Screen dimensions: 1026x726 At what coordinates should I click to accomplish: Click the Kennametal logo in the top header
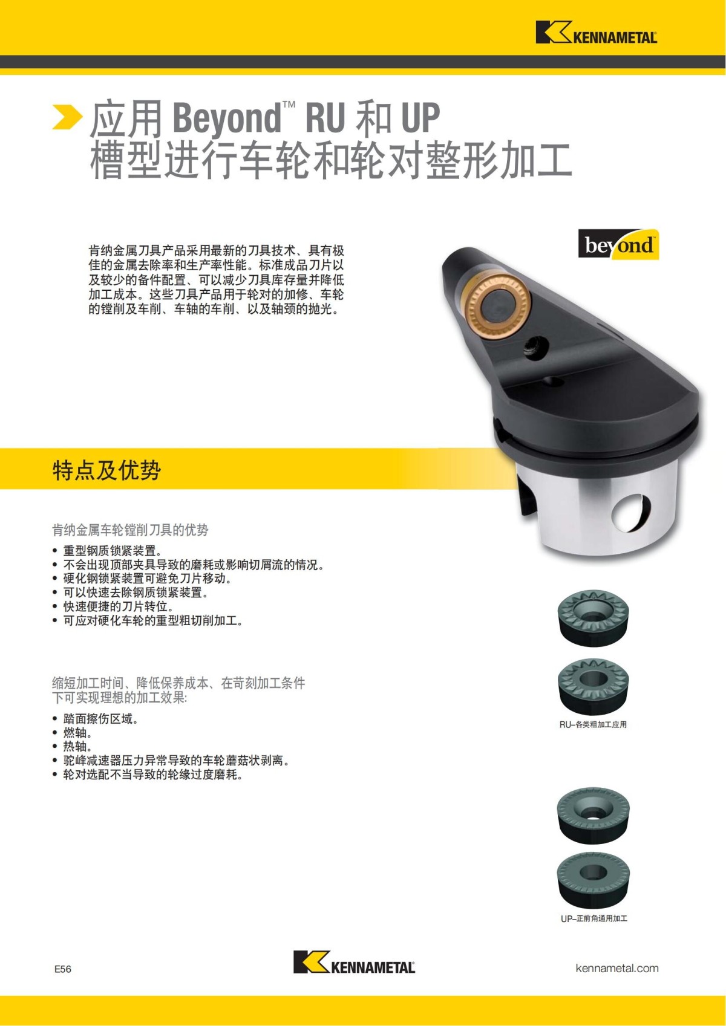pyautogui.click(x=596, y=33)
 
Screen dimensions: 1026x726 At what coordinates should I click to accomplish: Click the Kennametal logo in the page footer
pyautogui.click(x=354, y=962)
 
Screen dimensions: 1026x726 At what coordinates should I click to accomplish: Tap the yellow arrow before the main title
pyautogui.click(x=67, y=117)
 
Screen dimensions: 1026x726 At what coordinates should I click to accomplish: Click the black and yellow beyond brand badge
pyautogui.click(x=618, y=245)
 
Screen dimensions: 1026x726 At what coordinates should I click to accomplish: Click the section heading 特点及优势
pyautogui.click(x=106, y=470)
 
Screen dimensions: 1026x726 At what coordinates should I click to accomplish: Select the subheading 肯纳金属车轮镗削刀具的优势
pyautogui.click(x=130, y=530)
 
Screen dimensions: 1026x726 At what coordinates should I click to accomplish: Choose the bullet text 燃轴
pyautogui.click(x=78, y=733)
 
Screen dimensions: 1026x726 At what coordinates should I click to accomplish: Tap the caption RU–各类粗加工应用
pyautogui.click(x=593, y=724)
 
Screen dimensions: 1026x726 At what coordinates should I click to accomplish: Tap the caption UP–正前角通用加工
pyautogui.click(x=594, y=918)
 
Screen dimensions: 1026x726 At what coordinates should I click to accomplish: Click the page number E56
pyautogui.click(x=63, y=969)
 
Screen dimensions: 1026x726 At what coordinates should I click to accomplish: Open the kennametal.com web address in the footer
pyautogui.click(x=616, y=968)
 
